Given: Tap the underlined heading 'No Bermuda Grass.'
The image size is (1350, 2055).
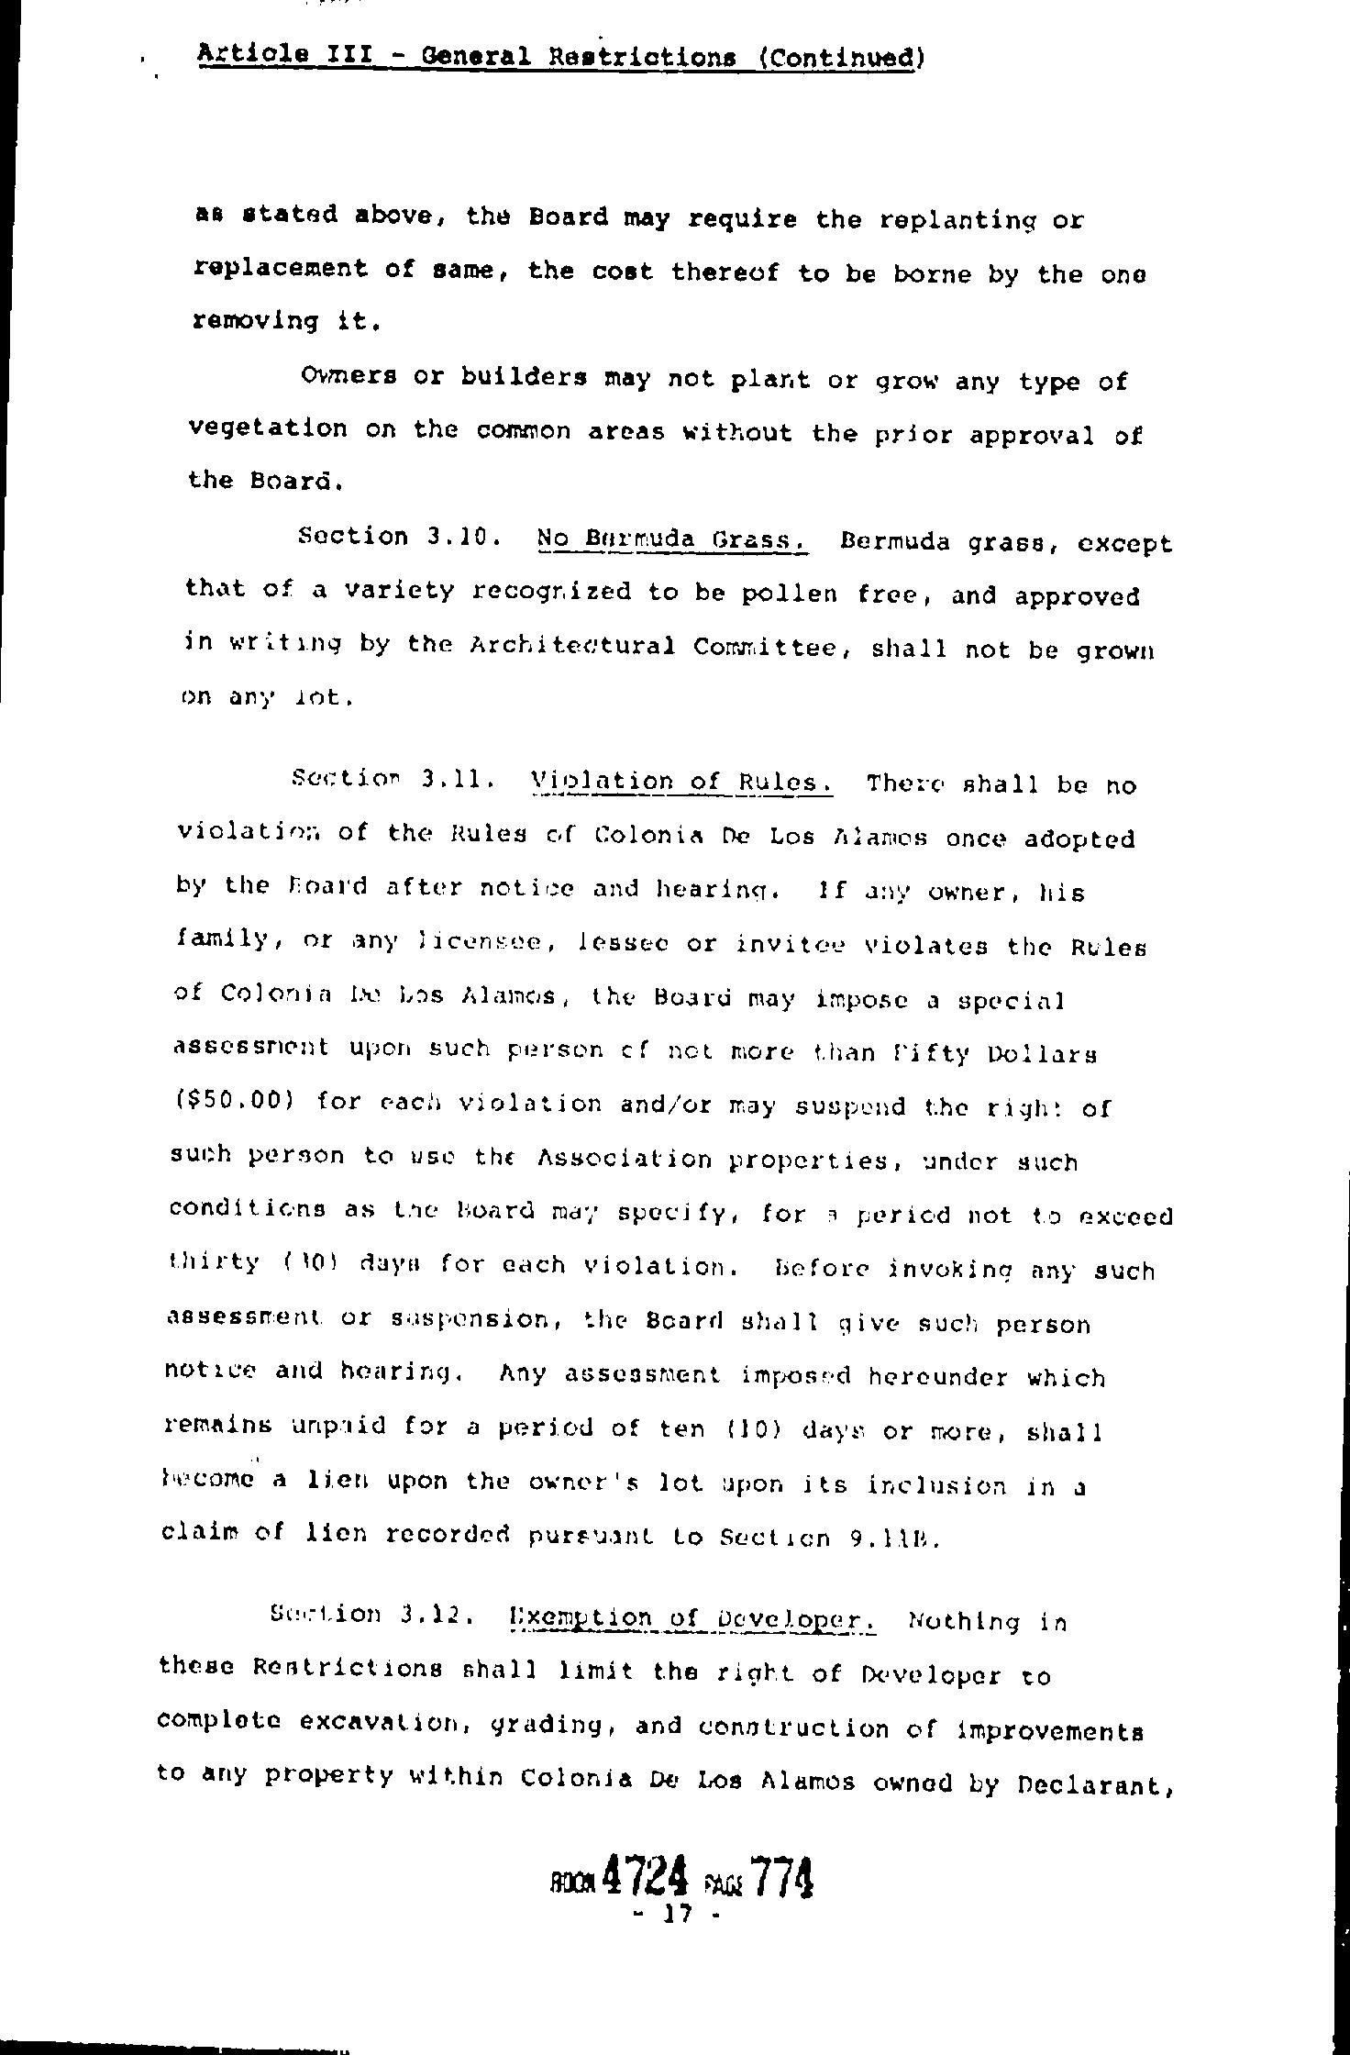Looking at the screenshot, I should coord(671,539).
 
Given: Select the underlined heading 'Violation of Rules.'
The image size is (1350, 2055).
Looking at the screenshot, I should coord(681,782).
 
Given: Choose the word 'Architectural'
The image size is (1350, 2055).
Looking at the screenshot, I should coord(572,647).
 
